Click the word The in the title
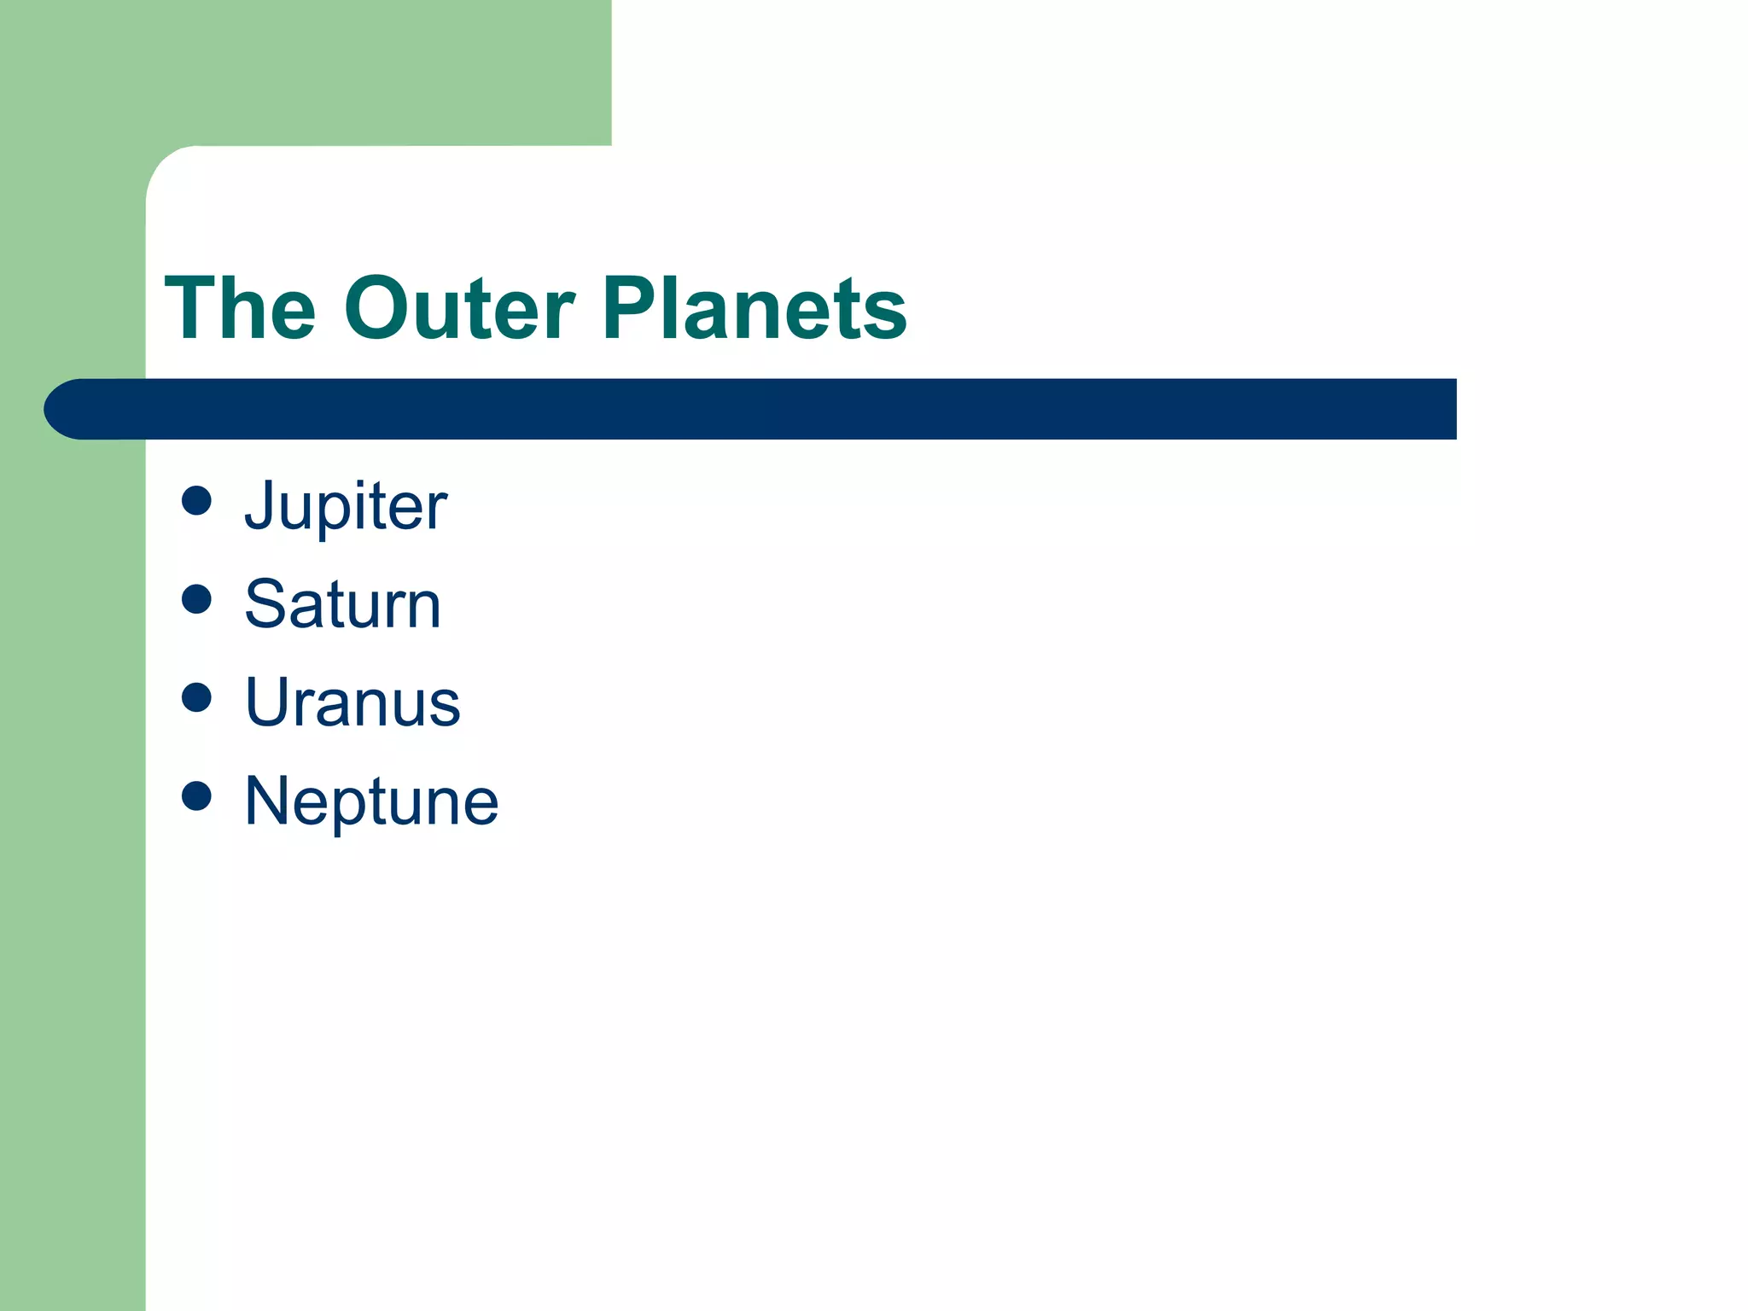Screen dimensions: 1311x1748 [x=240, y=308]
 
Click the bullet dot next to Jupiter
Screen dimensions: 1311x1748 [x=196, y=501]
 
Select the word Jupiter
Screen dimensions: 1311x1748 [x=345, y=506]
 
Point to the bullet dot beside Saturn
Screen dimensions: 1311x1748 [x=196, y=599]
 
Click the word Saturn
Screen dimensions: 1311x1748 [x=342, y=604]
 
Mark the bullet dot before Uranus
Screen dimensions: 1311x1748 [x=196, y=697]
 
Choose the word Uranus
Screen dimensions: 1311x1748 [x=352, y=702]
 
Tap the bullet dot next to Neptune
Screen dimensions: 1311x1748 [x=196, y=795]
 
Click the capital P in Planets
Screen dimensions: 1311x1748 [x=632, y=308]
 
